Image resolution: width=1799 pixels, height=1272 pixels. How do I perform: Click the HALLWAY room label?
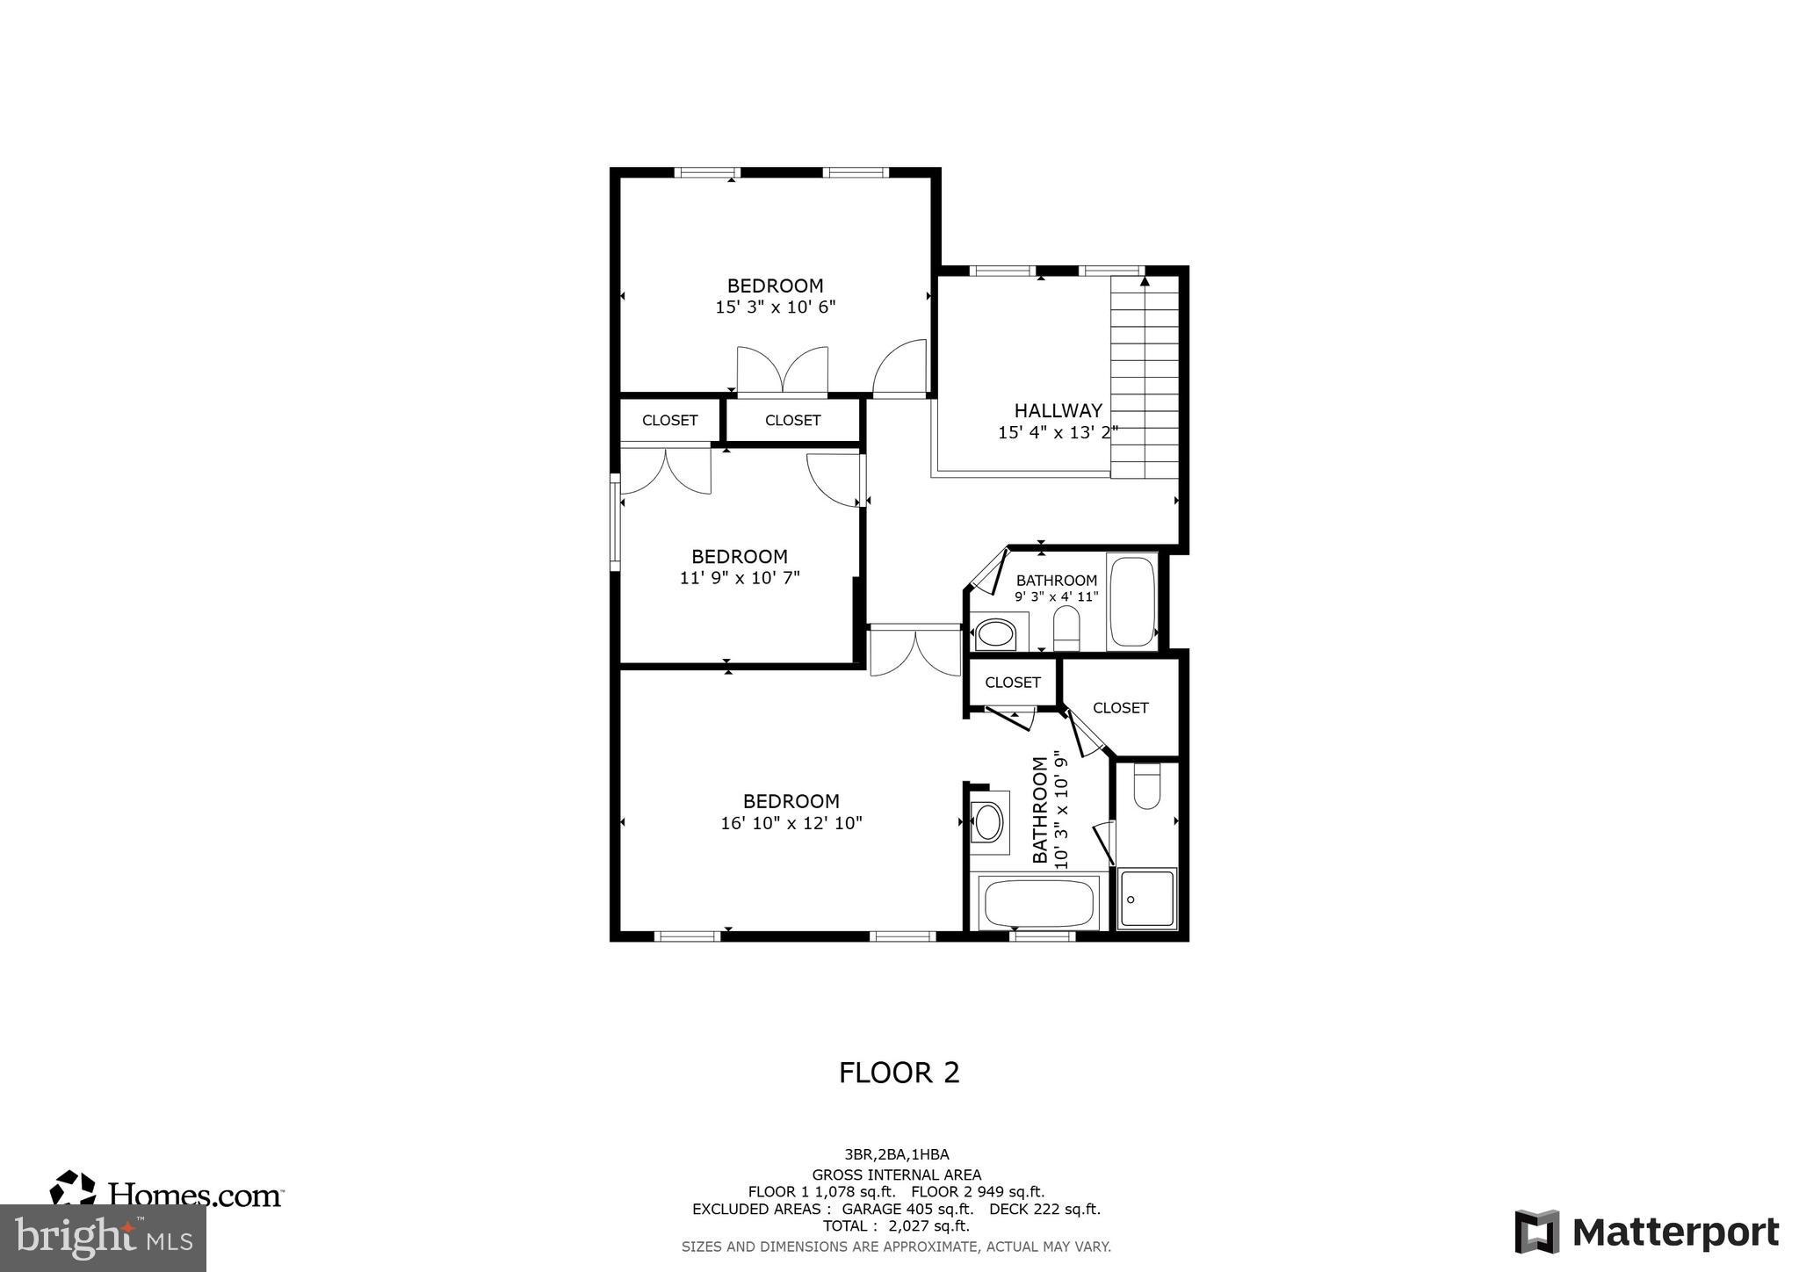coord(1058,410)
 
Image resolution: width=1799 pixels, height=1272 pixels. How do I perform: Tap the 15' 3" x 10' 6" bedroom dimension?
coord(775,307)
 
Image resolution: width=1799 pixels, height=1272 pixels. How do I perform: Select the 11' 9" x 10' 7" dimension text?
coord(740,578)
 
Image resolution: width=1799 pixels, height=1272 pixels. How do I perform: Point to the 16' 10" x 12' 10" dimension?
coord(791,823)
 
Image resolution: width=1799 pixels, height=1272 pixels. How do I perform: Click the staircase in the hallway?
coord(1144,378)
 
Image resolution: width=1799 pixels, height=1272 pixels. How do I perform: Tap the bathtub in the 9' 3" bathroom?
coord(1132,602)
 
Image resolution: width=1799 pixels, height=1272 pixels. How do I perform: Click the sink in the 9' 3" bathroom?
coord(995,632)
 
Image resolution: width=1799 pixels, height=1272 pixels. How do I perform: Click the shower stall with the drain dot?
coord(1146,899)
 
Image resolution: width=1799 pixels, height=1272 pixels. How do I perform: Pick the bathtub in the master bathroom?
coord(1038,902)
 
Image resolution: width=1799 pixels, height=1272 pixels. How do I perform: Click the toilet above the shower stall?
coord(1146,787)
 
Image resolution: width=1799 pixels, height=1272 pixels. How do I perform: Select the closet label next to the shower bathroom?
coord(1120,708)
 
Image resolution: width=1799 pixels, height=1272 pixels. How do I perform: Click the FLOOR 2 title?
coord(899,1073)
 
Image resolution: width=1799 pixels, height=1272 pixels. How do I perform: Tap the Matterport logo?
coord(1647,1232)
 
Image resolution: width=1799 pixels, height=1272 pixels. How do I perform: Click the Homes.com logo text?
coord(195,1195)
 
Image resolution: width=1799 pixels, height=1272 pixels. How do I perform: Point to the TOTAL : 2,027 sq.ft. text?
coord(896,1225)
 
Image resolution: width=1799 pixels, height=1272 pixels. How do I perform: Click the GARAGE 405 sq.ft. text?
coord(907,1209)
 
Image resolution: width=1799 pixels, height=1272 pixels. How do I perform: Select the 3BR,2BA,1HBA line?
coord(896,1155)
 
